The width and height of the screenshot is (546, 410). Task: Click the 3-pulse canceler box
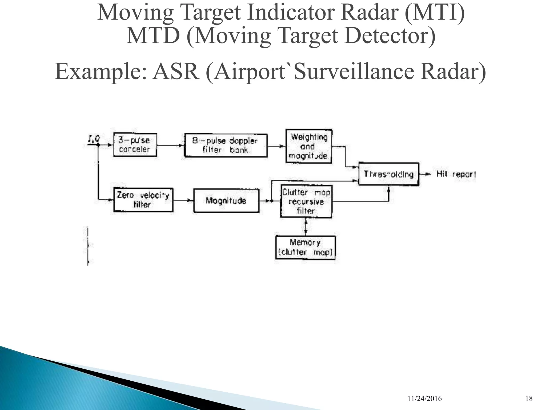(135, 145)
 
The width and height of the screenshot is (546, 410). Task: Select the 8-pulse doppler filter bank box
(226, 145)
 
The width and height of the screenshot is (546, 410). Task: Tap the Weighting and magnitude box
(308, 146)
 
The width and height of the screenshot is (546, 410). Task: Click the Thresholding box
(388, 174)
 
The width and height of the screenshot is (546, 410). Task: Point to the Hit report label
(456, 174)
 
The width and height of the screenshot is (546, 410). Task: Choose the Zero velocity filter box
(143, 200)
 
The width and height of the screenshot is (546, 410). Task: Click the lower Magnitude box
(226, 200)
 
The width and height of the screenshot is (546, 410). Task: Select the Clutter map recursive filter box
(306, 202)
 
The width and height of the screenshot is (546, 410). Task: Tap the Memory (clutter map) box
(305, 247)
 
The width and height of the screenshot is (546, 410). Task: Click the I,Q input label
(94, 139)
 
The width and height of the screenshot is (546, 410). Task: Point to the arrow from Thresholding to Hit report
(425, 174)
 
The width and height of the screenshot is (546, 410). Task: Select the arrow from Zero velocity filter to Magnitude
(183, 200)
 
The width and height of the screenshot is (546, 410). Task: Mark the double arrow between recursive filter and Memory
(306, 227)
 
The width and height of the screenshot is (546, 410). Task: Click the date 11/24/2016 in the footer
(424, 399)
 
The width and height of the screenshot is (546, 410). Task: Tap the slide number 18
(529, 399)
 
